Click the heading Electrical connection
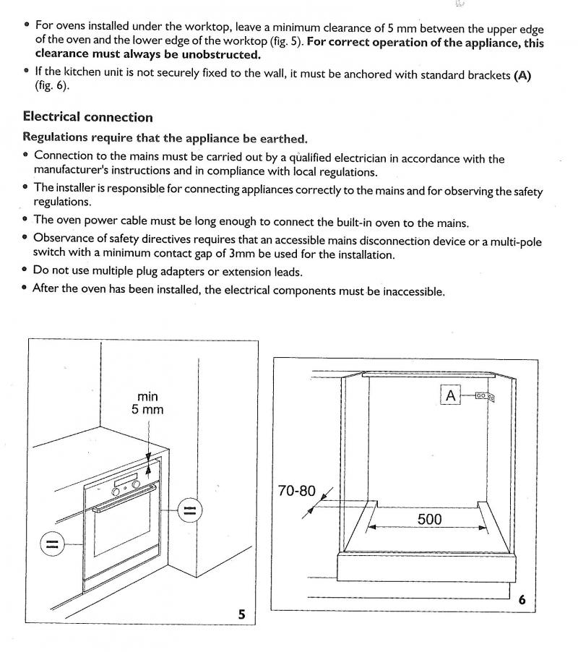(x=87, y=117)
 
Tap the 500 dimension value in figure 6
(x=429, y=519)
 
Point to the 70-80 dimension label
(x=297, y=491)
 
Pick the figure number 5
(x=242, y=614)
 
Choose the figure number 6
(x=522, y=599)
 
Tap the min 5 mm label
(x=147, y=403)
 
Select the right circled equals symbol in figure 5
(x=188, y=511)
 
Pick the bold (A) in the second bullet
(x=522, y=75)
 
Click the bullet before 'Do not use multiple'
(x=26, y=272)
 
